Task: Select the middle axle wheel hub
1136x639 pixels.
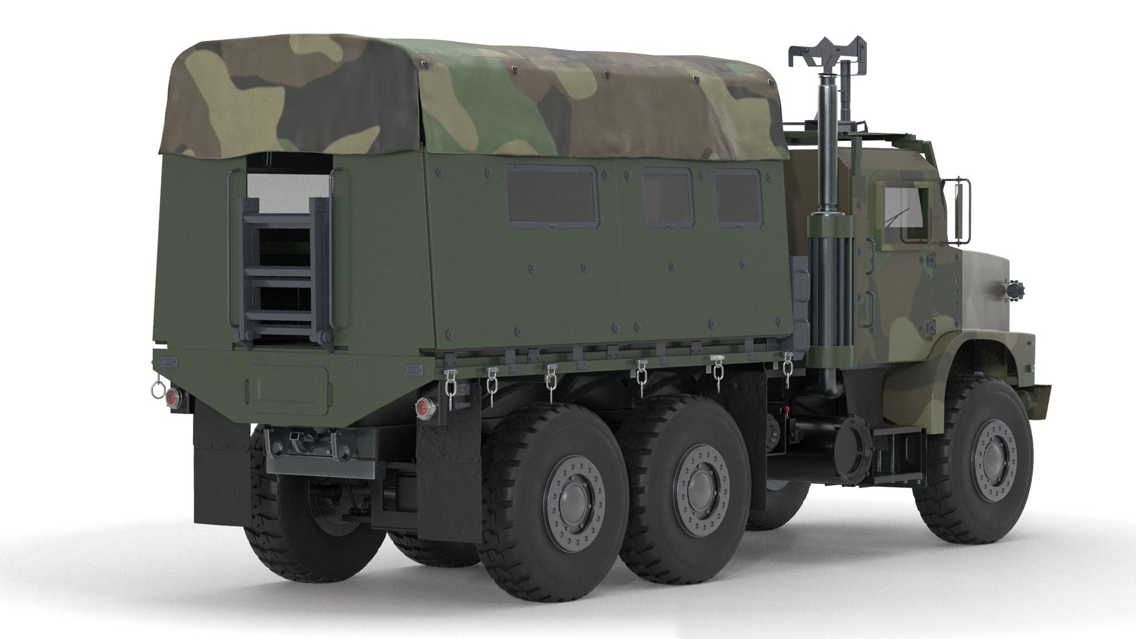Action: click(701, 479)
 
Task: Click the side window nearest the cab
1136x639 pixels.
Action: click(737, 197)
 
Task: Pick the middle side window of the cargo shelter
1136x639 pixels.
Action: click(667, 197)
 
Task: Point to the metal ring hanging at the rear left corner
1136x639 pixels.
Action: click(158, 390)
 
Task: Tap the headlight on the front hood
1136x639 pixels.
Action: click(1013, 288)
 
